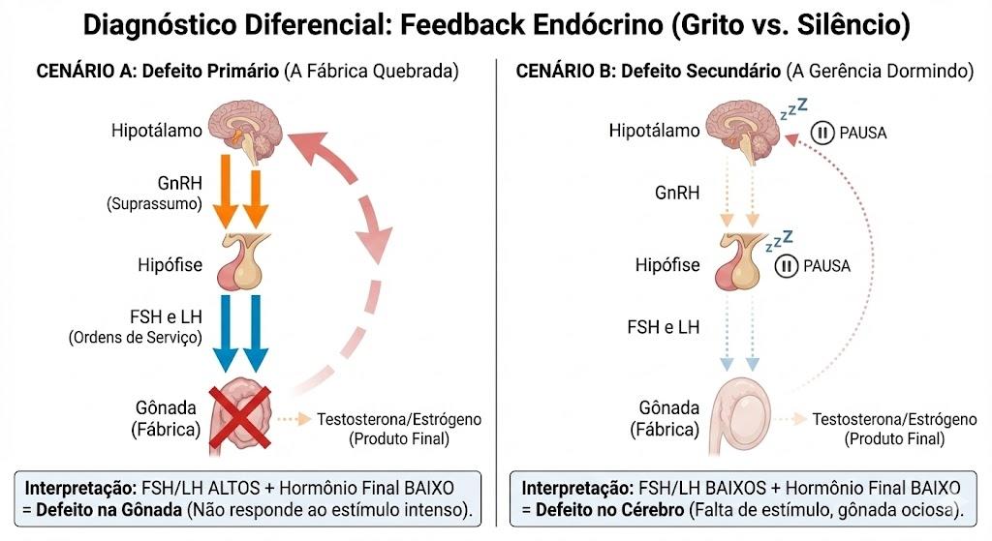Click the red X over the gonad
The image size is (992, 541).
[x=240, y=418]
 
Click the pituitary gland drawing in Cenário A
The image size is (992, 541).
[x=242, y=261]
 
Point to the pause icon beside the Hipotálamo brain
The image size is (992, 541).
[x=822, y=133]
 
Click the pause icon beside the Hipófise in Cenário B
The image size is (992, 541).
[x=787, y=265]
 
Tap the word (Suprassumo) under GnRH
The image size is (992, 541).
[x=154, y=204]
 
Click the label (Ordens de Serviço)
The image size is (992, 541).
[x=136, y=338]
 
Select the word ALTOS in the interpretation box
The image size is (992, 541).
[x=234, y=489]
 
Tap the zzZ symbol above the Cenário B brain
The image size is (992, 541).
[x=794, y=108]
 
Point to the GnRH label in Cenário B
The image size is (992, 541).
[x=677, y=193]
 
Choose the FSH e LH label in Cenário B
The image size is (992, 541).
[x=663, y=327]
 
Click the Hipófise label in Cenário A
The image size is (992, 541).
[x=170, y=265]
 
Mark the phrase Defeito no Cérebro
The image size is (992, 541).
[x=610, y=510]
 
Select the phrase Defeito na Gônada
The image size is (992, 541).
[x=108, y=510]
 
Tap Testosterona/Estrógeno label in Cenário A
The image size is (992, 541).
[x=399, y=419]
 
